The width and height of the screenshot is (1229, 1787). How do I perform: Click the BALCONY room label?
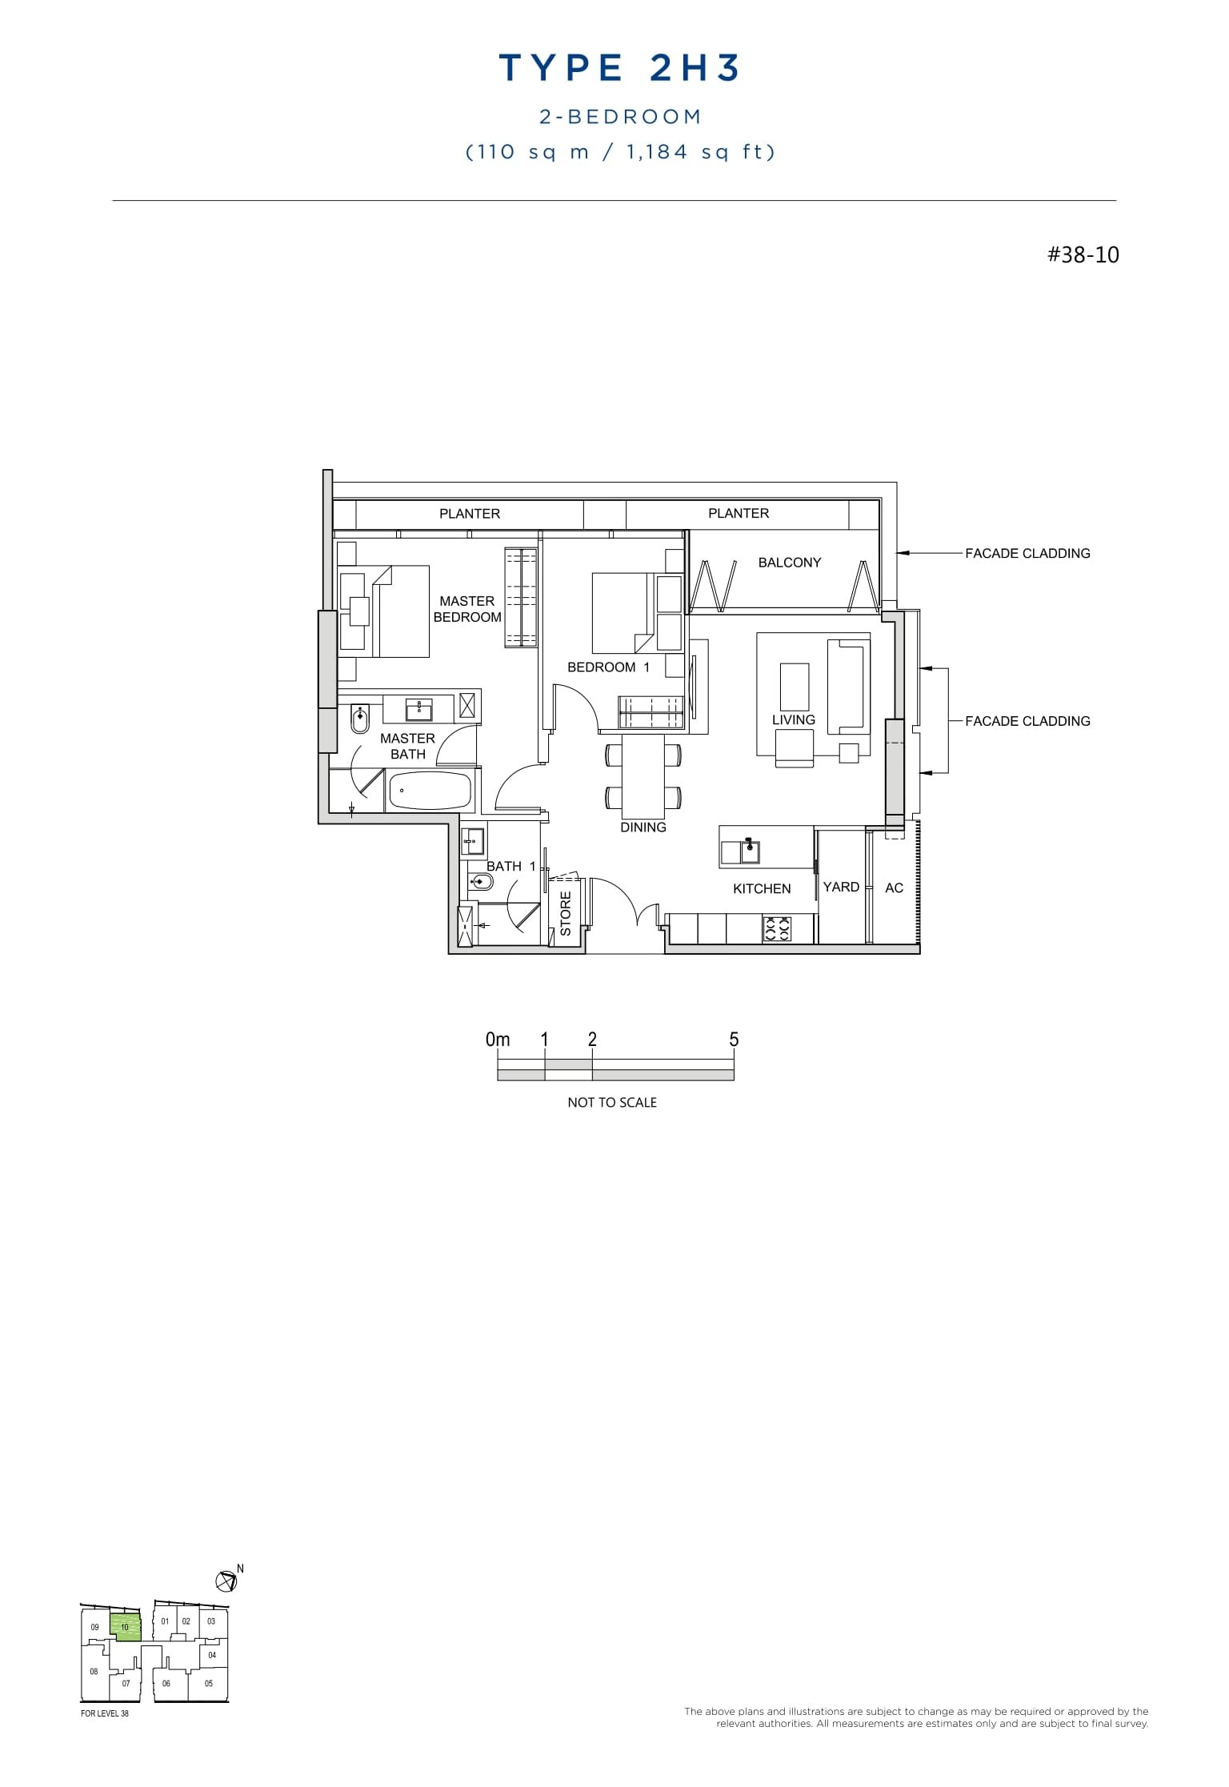click(x=789, y=563)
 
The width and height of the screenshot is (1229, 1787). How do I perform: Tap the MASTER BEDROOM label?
click(x=467, y=609)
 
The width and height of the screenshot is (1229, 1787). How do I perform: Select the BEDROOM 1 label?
click(x=608, y=667)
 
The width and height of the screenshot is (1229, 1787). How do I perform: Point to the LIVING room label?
click(x=793, y=719)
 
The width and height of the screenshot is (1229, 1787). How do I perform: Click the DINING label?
click(x=643, y=827)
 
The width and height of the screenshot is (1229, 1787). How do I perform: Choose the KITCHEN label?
click(x=761, y=888)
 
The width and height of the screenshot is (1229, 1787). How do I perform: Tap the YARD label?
click(x=840, y=887)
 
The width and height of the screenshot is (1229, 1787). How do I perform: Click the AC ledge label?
click(x=894, y=887)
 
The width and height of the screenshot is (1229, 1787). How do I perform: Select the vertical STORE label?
click(x=566, y=913)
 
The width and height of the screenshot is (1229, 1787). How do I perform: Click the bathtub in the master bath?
click(x=429, y=791)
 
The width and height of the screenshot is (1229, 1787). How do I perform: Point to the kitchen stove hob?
click(x=777, y=929)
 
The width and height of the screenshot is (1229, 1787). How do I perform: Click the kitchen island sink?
click(x=749, y=851)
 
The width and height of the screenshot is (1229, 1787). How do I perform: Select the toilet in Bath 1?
click(x=481, y=883)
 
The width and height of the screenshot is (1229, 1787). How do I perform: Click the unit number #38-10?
click(x=1083, y=255)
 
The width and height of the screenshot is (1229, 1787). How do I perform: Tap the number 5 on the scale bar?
click(x=734, y=1040)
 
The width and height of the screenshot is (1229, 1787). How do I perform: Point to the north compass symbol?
click(x=227, y=1581)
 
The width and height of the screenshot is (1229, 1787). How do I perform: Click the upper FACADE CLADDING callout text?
click(x=1027, y=553)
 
